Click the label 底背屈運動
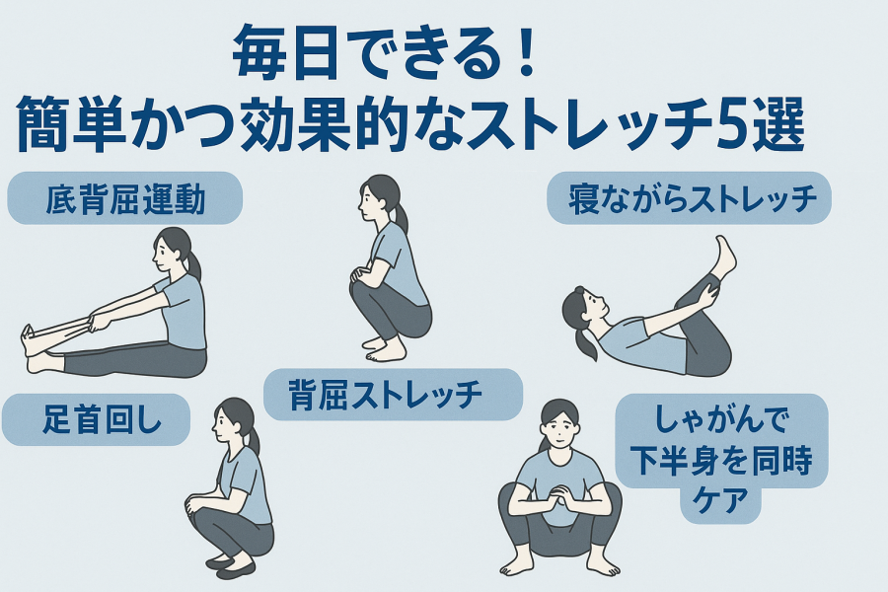pyautogui.click(x=125, y=199)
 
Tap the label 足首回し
pyautogui.click(x=102, y=420)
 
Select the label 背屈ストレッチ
pyautogui.click(x=385, y=395)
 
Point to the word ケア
pyautogui.click(x=720, y=500)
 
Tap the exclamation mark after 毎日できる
pyautogui.click(x=527, y=54)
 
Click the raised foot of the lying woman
pyautogui.click(x=725, y=258)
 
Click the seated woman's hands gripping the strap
pyautogui.click(x=98, y=323)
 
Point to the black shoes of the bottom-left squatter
pyautogui.click(x=228, y=566)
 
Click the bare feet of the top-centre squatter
pyautogui.click(x=383, y=349)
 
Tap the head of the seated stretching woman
pyautogui.click(x=174, y=251)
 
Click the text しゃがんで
pyautogui.click(x=721, y=420)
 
